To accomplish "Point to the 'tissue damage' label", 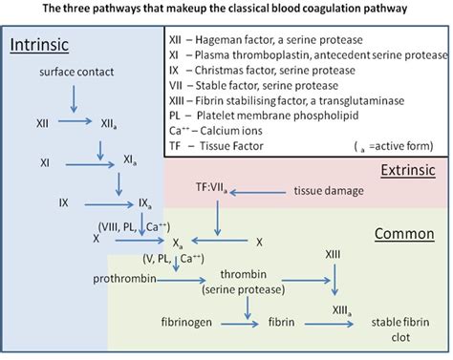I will click(328, 191).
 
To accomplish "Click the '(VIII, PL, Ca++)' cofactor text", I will click(133, 225).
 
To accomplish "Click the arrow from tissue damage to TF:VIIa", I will click(264, 192).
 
